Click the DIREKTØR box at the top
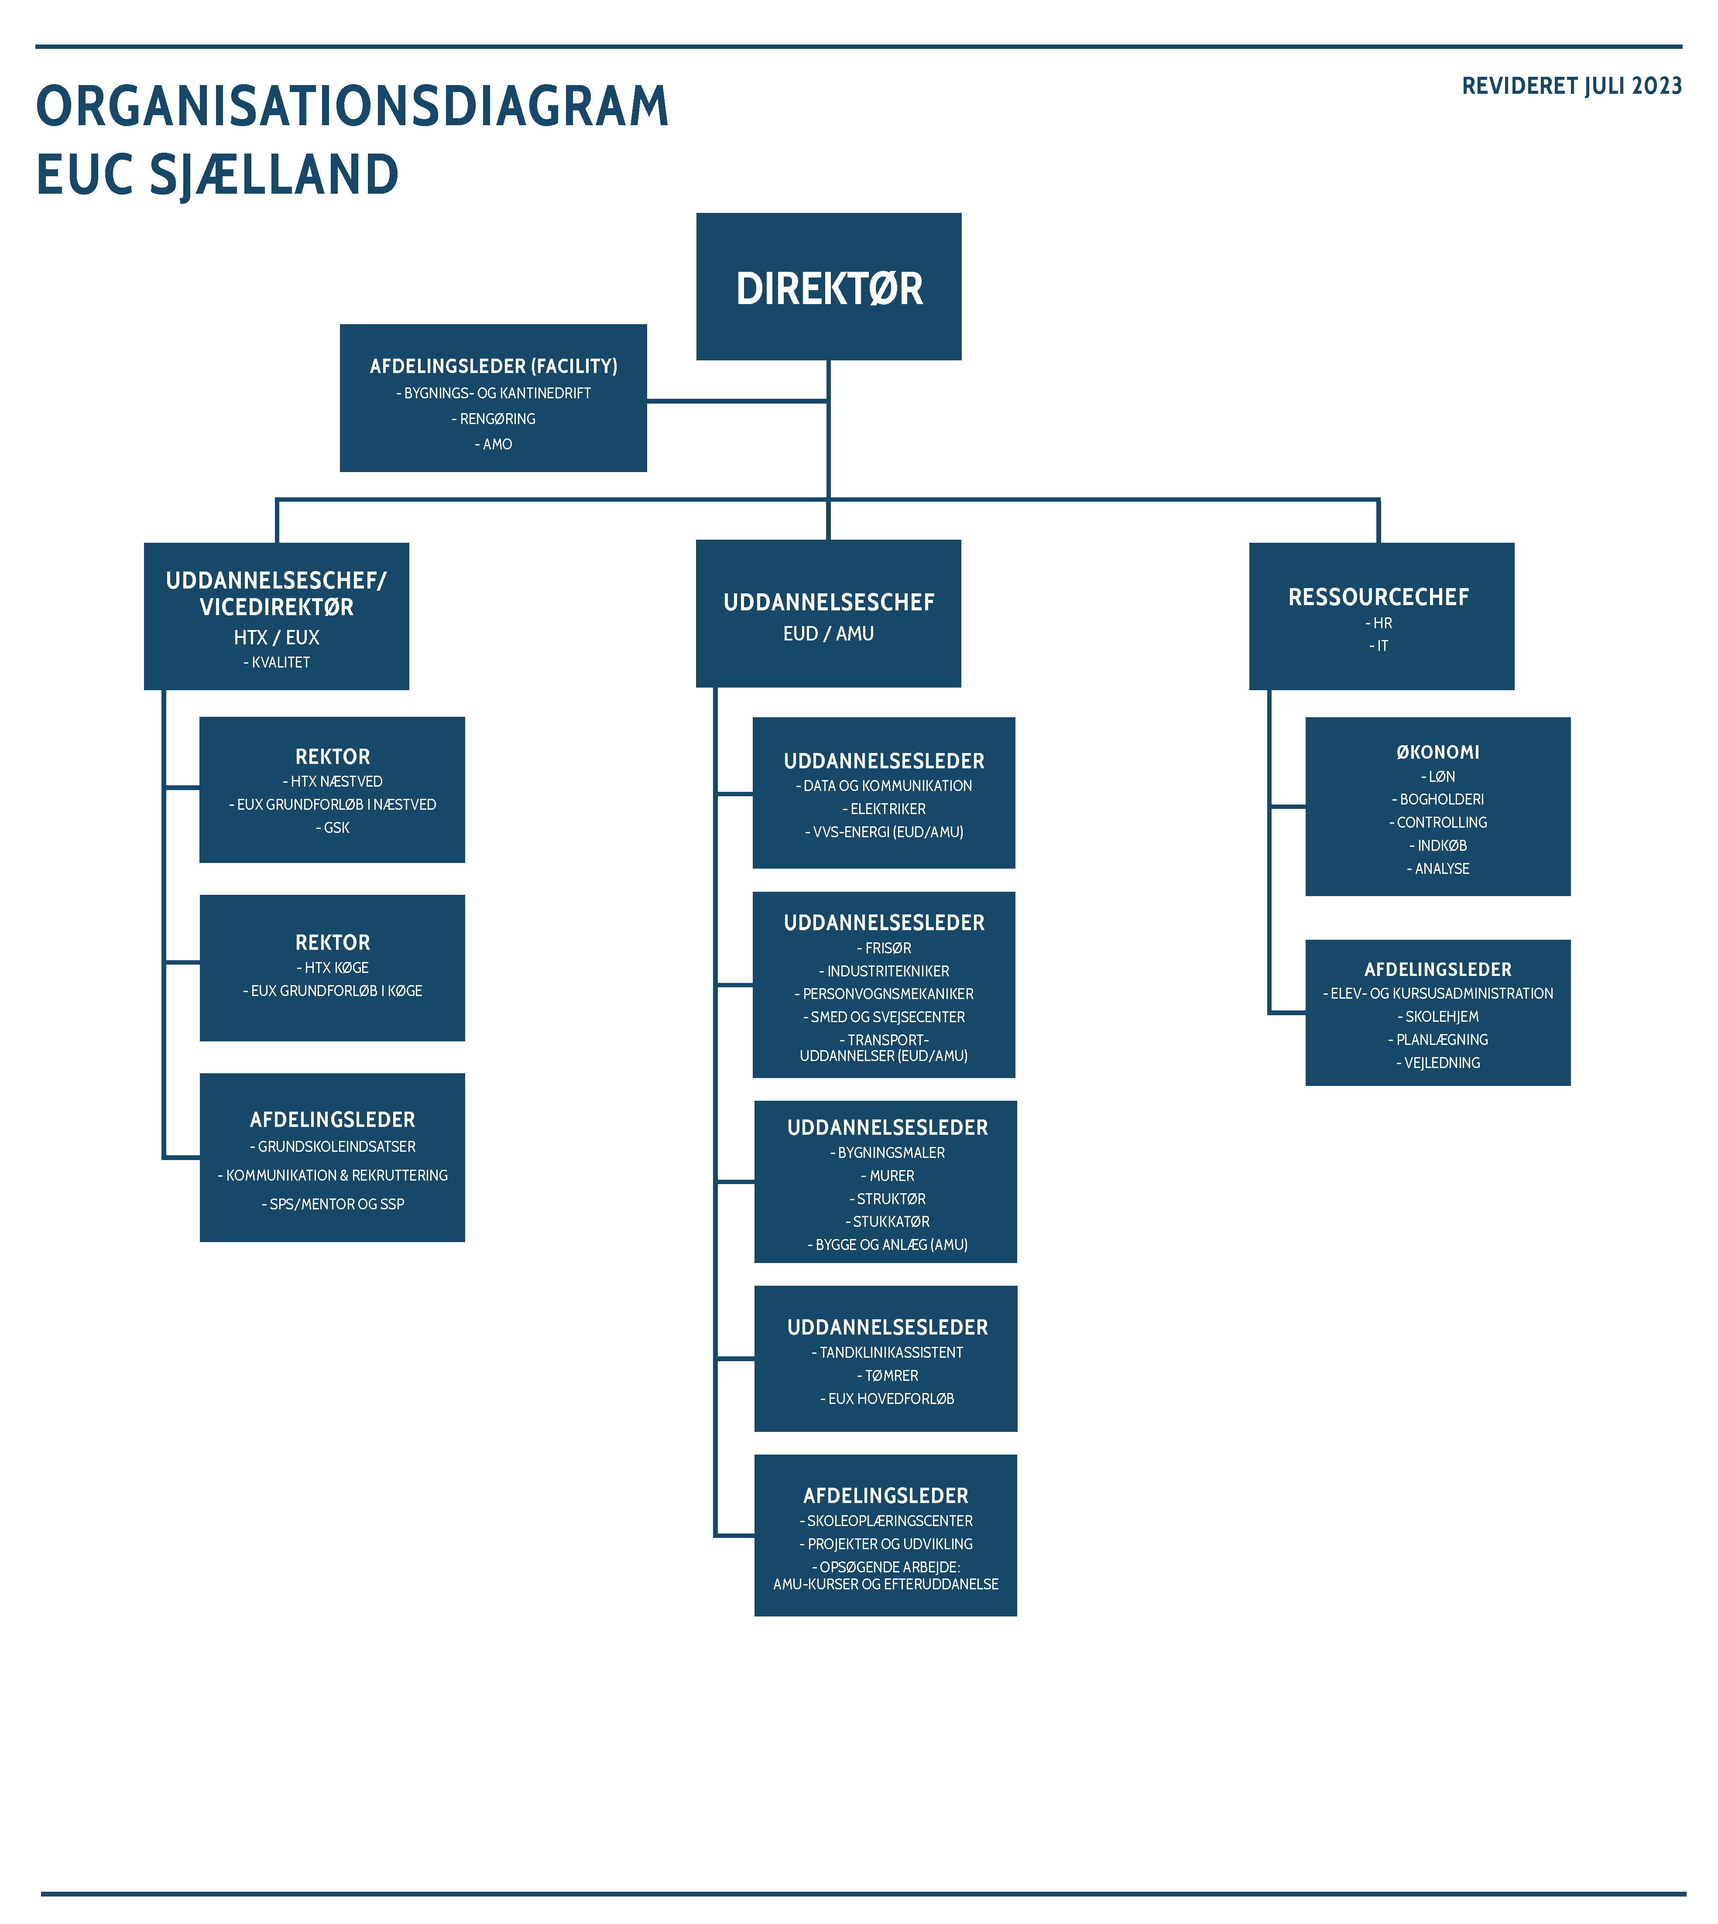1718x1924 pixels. tap(829, 286)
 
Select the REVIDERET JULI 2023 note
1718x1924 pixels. tap(1572, 86)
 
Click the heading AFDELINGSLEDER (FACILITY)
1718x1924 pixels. tap(494, 366)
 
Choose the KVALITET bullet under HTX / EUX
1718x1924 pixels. tap(277, 662)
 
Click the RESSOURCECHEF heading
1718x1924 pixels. tap(1379, 597)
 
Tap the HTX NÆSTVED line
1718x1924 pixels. tap(332, 781)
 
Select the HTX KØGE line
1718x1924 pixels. tap(332, 967)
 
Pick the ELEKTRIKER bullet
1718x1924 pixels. tap(884, 809)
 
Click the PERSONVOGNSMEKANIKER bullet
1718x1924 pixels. tap(884, 993)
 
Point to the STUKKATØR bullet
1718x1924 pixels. tap(887, 1221)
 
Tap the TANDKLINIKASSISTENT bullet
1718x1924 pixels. tap(887, 1352)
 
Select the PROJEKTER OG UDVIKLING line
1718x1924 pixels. tap(885, 1544)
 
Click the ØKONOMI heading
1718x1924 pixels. tap(1438, 752)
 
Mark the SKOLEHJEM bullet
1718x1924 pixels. tap(1438, 1016)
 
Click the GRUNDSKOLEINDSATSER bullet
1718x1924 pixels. tap(332, 1147)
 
